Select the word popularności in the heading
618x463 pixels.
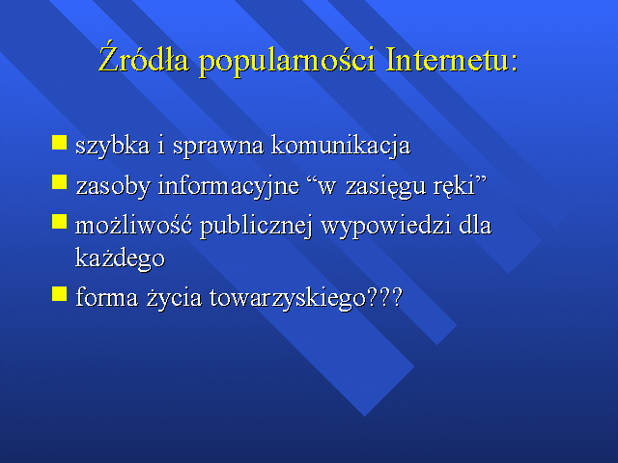coord(287,62)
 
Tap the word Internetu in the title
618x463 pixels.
coord(446,60)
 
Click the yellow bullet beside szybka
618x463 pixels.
coord(60,143)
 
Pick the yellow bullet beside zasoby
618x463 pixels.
coord(60,182)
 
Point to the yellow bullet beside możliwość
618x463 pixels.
coord(60,221)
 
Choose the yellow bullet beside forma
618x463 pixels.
coord(60,293)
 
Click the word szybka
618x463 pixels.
coord(113,146)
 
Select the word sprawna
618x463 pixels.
coord(218,147)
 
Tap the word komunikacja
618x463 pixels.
coord(341,146)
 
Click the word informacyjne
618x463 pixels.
coord(229,185)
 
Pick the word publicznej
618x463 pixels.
coord(256,227)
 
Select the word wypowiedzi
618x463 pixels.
coord(386,227)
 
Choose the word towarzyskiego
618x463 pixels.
coord(288,298)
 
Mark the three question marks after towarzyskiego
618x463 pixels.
coord(384,297)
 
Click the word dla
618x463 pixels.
coord(475,225)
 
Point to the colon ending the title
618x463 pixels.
coord(514,63)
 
